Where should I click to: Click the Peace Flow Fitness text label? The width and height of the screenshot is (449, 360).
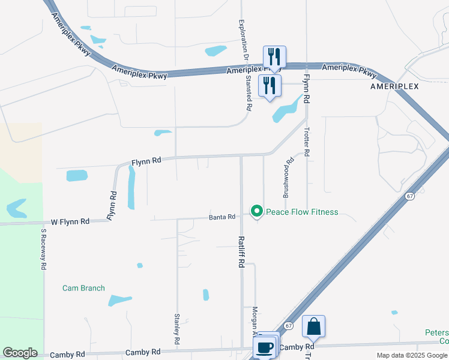click(x=302, y=212)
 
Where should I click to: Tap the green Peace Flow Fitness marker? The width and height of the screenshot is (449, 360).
click(x=257, y=211)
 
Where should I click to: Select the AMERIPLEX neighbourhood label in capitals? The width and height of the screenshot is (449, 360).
click(x=394, y=86)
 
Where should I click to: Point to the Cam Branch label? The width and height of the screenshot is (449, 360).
click(x=83, y=288)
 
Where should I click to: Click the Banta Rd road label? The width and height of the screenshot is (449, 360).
click(x=222, y=217)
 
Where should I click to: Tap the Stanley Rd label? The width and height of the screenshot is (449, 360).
click(x=177, y=328)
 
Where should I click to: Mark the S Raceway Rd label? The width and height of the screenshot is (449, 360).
click(x=44, y=251)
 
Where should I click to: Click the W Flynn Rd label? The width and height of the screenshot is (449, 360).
click(x=70, y=221)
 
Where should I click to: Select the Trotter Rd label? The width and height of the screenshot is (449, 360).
click(x=307, y=142)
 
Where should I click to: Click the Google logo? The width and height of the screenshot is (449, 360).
click(x=20, y=353)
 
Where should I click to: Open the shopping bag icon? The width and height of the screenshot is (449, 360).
click(x=313, y=326)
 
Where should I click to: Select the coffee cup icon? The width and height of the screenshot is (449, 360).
click(x=264, y=346)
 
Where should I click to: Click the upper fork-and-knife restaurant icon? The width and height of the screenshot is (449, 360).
click(x=274, y=57)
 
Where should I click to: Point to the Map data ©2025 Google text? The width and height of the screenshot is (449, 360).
click(x=411, y=355)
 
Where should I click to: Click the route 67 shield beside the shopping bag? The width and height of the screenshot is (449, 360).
click(x=289, y=326)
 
